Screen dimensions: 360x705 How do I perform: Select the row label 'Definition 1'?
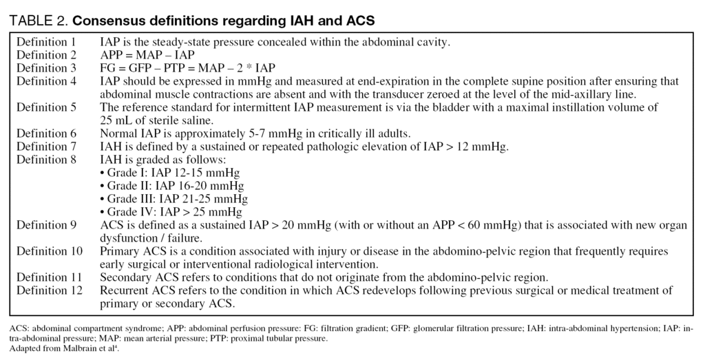[46, 42]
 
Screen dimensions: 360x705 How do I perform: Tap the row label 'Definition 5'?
[46, 107]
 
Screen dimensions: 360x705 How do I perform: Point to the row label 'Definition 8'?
[46, 160]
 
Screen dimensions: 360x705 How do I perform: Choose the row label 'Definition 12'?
[49, 290]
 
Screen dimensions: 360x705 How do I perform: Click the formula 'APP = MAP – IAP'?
[147, 55]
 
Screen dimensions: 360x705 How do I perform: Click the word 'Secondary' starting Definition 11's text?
[125, 277]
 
